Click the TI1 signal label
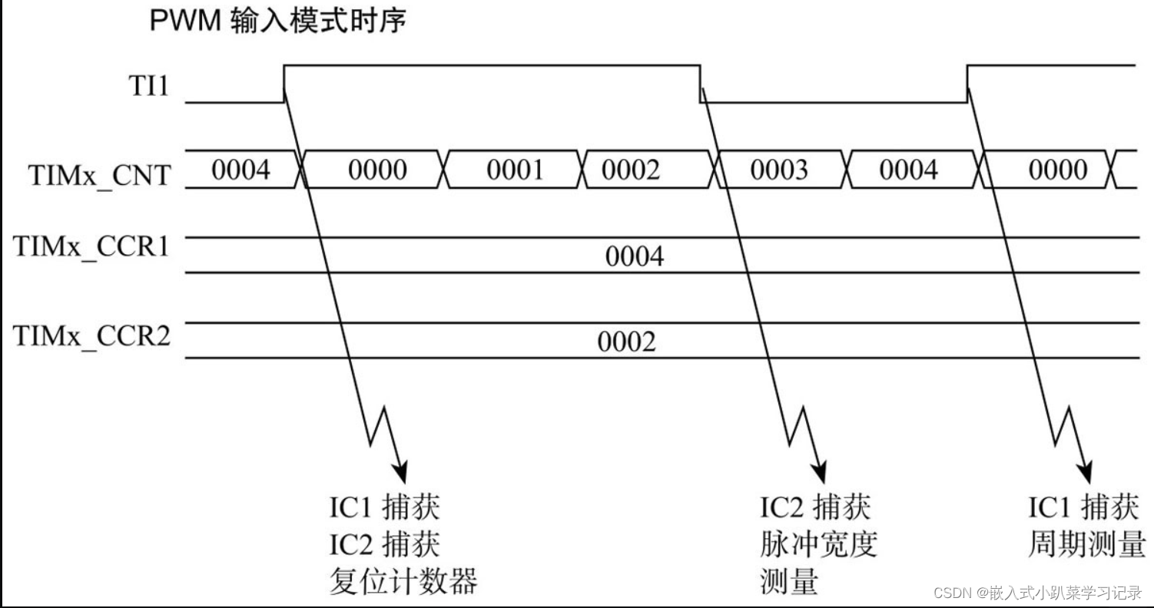(147, 87)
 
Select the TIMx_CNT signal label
(100, 175)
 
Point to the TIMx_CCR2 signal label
(91, 335)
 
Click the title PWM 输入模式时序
(277, 21)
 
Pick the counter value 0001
(515, 170)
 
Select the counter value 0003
(779, 170)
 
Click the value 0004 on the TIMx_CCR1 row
(635, 256)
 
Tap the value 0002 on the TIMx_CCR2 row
(627, 342)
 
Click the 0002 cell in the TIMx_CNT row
(630, 170)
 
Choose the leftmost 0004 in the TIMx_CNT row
(241, 170)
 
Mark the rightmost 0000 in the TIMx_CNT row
(1058, 170)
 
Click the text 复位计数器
(403, 581)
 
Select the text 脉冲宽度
(818, 545)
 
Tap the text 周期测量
(1086, 545)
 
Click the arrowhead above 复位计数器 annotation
(400, 468)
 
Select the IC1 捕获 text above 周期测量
(1083, 507)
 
